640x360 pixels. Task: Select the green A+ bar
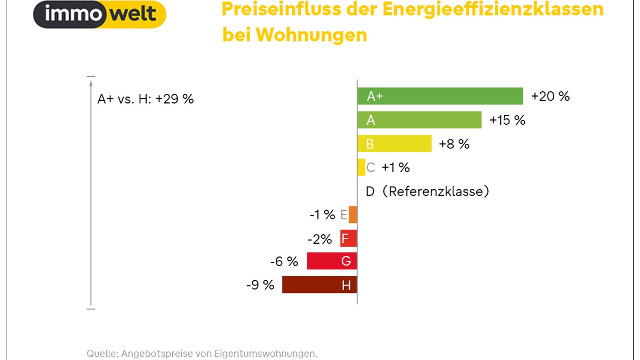[440, 96]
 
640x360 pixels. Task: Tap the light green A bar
[419, 120]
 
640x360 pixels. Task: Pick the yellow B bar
[394, 143]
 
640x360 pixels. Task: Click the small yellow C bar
[361, 167]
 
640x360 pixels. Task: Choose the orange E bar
[353, 214]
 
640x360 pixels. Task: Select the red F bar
[348, 238]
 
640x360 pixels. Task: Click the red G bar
[332, 261]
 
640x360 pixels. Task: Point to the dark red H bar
[319, 285]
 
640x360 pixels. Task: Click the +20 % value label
[550, 96]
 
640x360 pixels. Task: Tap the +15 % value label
[507, 120]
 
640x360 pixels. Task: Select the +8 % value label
[454, 143]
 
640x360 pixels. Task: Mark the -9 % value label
[260, 285]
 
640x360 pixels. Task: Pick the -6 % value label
[284, 261]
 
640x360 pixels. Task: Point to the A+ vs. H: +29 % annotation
[146, 99]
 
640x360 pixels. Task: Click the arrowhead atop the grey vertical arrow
[91, 83]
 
